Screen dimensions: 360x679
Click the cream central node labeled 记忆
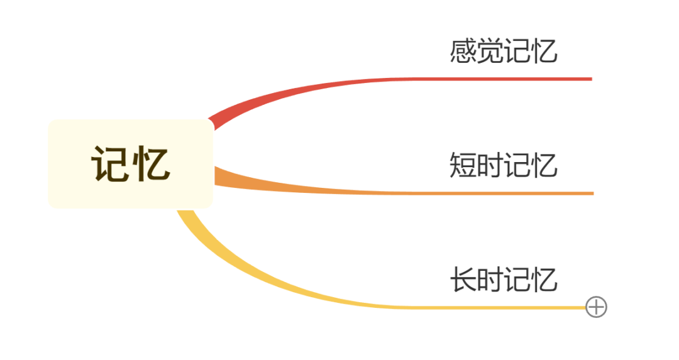[x=131, y=163]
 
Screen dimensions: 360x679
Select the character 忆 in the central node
[x=151, y=164]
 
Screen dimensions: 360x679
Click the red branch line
[x=440, y=79]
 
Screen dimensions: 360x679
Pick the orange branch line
[x=440, y=193]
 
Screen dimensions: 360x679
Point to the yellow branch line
[x=440, y=308]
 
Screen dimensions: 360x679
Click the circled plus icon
[x=596, y=307]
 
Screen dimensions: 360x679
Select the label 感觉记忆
[x=504, y=52]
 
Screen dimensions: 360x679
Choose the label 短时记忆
[x=504, y=165]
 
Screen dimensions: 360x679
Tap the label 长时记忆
[x=504, y=280]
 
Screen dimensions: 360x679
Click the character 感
[x=463, y=52]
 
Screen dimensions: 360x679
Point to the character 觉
[x=490, y=52]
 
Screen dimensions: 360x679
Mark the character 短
[x=463, y=165]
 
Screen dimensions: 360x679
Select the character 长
[x=463, y=280]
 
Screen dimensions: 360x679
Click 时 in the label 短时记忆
[x=490, y=165]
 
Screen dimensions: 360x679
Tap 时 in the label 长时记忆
[x=490, y=280]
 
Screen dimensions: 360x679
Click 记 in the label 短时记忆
[x=517, y=165]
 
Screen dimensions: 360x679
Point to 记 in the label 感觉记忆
[x=517, y=52]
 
